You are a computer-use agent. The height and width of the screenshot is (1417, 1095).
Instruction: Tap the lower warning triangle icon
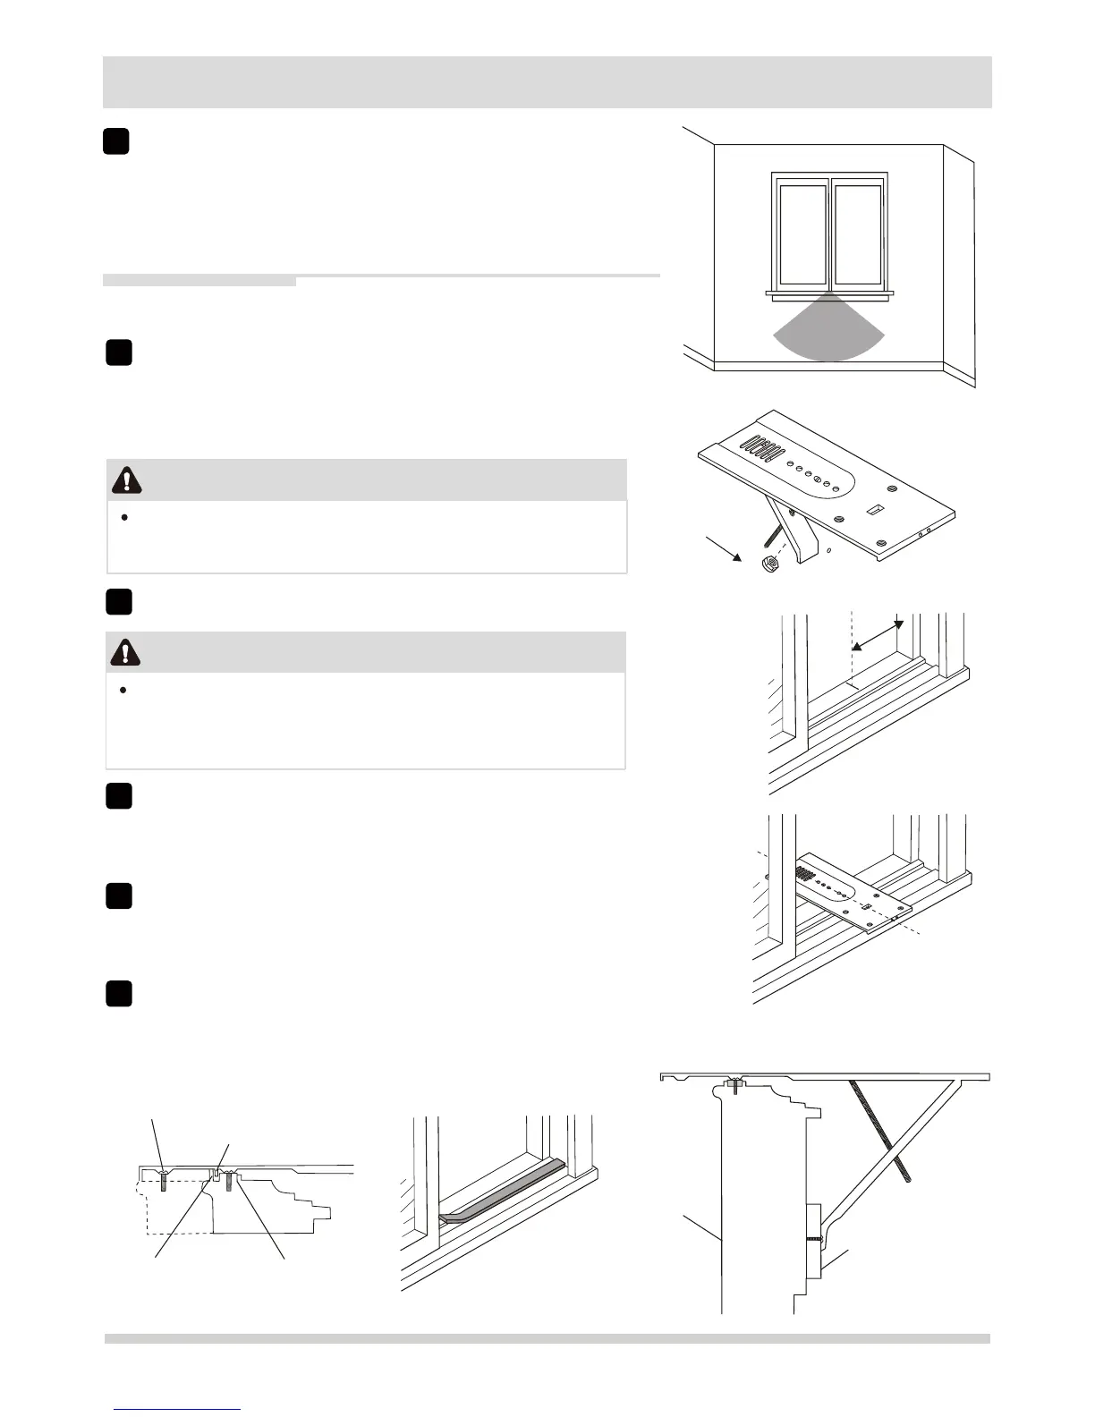(126, 652)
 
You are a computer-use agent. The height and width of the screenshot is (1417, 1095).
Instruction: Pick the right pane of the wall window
(858, 233)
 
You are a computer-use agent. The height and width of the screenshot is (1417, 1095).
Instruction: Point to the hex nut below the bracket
(767, 565)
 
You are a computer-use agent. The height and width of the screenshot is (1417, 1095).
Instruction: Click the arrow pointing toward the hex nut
(723, 548)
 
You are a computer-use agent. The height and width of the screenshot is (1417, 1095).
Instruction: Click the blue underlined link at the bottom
(178, 1408)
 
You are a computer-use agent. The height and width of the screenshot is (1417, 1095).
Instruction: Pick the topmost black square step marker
(115, 141)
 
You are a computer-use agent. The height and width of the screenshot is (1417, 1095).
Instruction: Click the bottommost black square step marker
(119, 994)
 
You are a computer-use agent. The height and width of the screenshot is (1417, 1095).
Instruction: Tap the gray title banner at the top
(547, 82)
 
